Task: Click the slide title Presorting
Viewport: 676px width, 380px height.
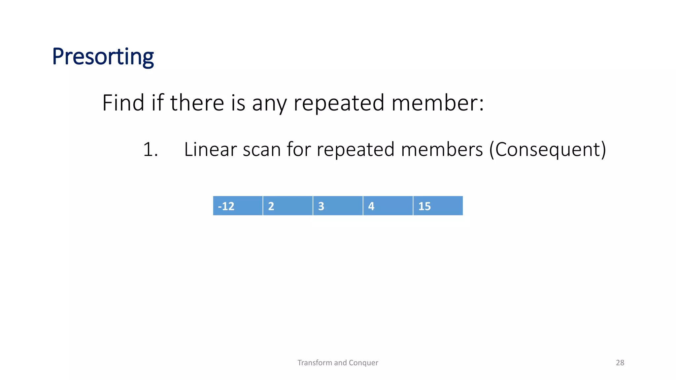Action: pos(103,57)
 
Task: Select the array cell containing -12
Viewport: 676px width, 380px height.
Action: pos(238,206)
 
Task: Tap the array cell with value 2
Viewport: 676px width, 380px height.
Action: pos(287,206)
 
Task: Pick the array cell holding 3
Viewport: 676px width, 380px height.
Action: pos(338,206)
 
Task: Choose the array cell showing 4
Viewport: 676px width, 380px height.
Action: pos(388,206)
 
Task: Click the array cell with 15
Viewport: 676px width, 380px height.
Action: pos(438,206)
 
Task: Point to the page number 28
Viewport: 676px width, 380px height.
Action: pos(620,363)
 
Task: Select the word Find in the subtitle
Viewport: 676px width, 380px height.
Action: pos(123,103)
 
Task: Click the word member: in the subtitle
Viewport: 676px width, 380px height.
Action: pos(438,103)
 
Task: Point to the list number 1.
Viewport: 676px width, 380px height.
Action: pos(151,149)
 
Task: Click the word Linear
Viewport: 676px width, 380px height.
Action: pos(210,149)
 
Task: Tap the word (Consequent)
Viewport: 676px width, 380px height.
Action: pos(548,149)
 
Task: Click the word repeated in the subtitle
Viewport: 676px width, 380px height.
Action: pos(339,103)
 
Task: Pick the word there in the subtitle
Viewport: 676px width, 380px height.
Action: pos(197,103)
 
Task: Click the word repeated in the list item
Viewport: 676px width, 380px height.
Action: pos(355,149)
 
